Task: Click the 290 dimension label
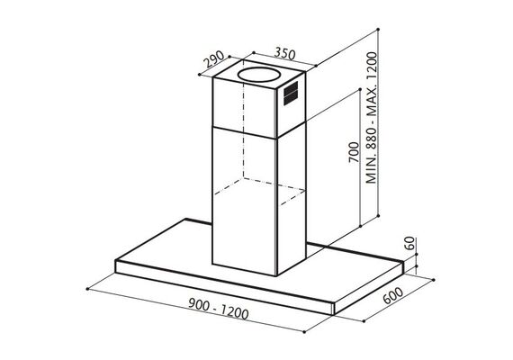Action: pyautogui.click(x=214, y=59)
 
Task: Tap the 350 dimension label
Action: pyautogui.click(x=284, y=53)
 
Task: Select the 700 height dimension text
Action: pyautogui.click(x=354, y=152)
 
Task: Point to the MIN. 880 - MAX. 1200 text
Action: pyautogui.click(x=371, y=118)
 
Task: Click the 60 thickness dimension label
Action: pyautogui.click(x=409, y=243)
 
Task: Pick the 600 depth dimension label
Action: pyautogui.click(x=392, y=295)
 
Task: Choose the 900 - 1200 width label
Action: pyautogui.click(x=218, y=310)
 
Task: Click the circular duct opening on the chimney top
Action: pyautogui.click(x=259, y=75)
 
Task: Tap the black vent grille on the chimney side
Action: pyautogui.click(x=291, y=94)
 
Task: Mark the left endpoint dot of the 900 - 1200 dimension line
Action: pyautogui.click(x=87, y=289)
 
